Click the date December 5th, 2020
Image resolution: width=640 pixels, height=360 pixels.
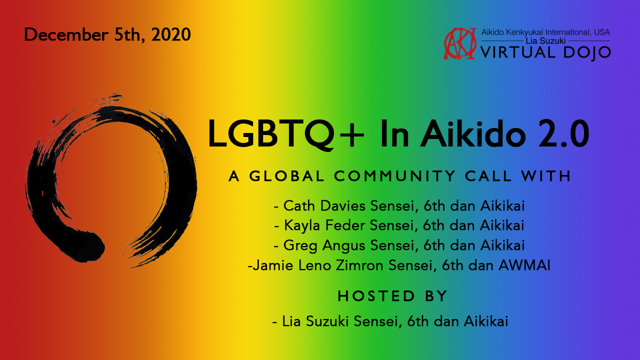point(107,34)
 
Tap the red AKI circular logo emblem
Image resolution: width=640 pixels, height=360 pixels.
point(460,44)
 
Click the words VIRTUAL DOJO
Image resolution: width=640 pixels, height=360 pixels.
point(545,51)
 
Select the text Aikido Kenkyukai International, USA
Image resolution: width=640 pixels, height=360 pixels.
point(545,32)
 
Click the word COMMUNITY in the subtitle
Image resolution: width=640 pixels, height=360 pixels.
point(395,176)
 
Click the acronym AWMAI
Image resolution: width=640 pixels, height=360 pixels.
point(524,265)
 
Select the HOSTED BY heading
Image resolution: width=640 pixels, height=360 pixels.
point(392,296)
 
